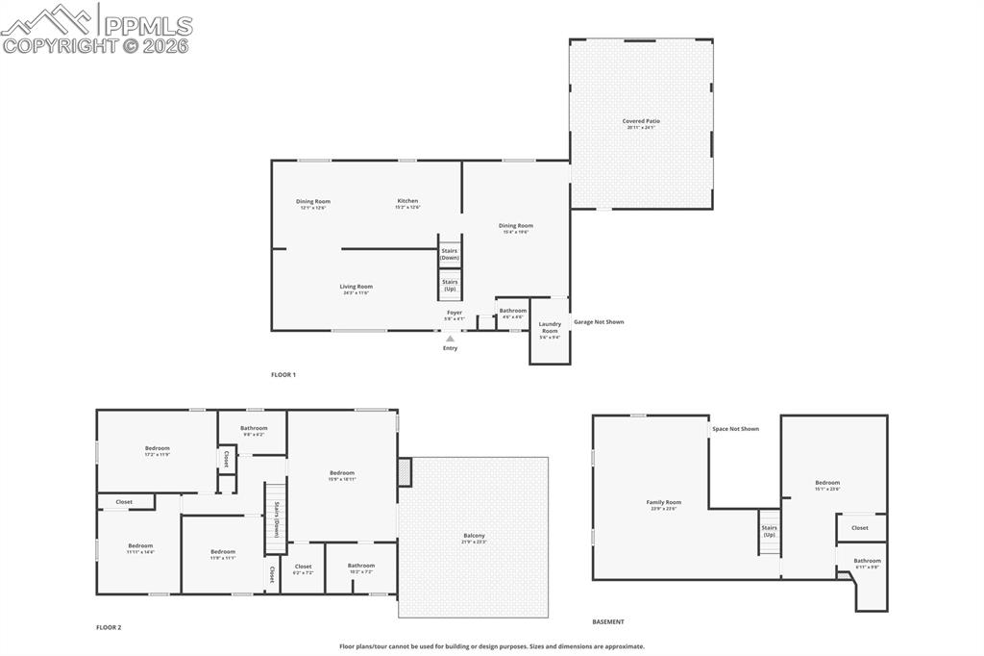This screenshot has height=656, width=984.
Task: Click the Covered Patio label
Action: pyautogui.click(x=641, y=122)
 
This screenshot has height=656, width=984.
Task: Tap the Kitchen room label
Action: pyautogui.click(x=407, y=202)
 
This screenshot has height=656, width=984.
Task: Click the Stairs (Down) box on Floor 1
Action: pyautogui.click(x=450, y=255)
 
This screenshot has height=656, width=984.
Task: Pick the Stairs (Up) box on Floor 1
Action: pyautogui.click(x=450, y=285)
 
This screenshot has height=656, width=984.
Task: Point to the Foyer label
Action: pyautogui.click(x=455, y=314)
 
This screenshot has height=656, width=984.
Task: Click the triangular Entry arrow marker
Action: pyautogui.click(x=450, y=339)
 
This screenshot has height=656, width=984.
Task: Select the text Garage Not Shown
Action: pyautogui.click(x=599, y=322)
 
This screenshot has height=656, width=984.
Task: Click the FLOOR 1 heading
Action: pyautogui.click(x=283, y=374)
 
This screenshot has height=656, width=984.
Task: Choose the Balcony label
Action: pyautogui.click(x=474, y=537)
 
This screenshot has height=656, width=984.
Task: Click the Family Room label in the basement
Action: pyautogui.click(x=663, y=503)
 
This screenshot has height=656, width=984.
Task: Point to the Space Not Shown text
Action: pyautogui.click(x=736, y=429)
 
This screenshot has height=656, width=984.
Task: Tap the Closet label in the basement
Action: pyautogui.click(x=859, y=527)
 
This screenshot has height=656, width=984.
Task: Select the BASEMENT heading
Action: pyautogui.click(x=607, y=621)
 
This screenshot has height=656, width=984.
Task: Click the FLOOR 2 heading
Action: pyautogui.click(x=109, y=627)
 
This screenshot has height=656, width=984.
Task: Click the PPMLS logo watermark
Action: pyautogui.click(x=97, y=28)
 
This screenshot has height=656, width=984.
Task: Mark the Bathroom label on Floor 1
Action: pyautogui.click(x=512, y=312)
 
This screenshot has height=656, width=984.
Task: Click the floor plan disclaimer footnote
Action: pyautogui.click(x=491, y=646)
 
